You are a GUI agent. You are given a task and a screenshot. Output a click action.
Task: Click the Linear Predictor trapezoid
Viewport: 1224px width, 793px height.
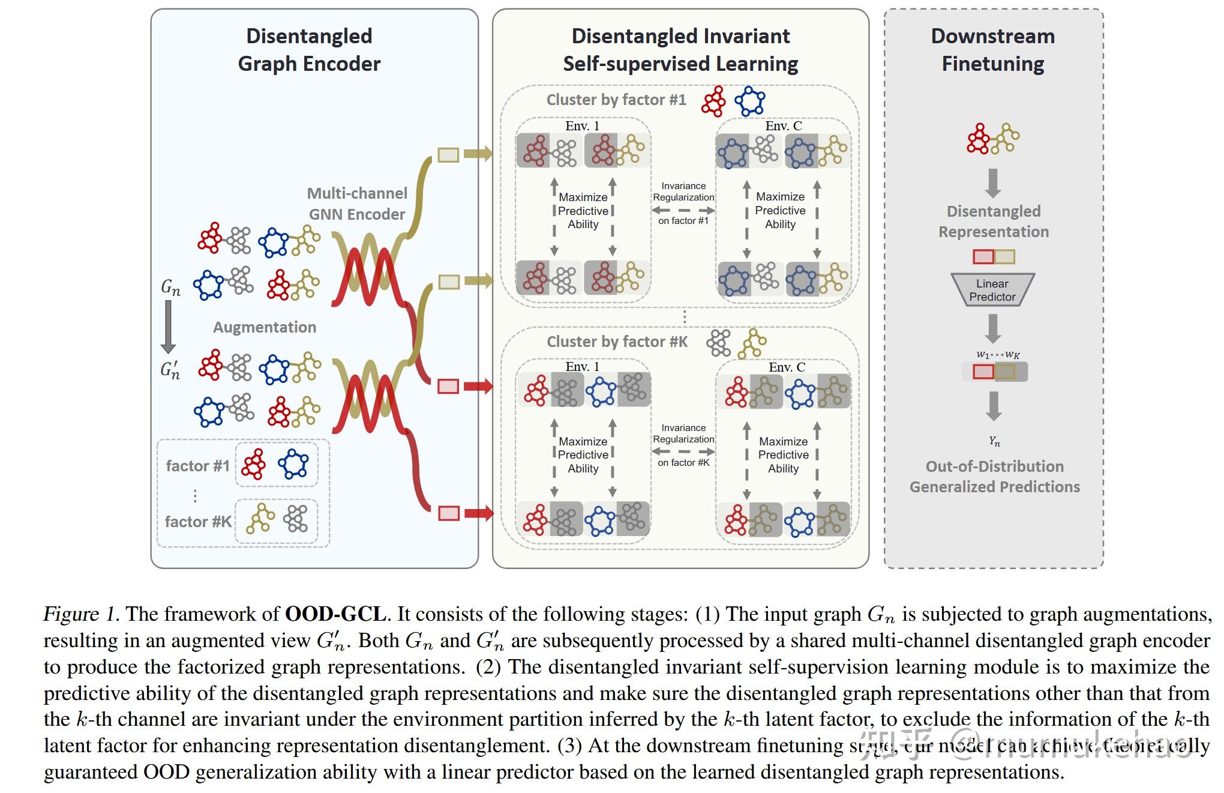tap(992, 290)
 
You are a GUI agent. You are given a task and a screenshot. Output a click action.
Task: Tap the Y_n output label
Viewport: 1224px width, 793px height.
tap(994, 441)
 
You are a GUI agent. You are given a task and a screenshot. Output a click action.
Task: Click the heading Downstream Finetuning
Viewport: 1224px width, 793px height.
tap(993, 50)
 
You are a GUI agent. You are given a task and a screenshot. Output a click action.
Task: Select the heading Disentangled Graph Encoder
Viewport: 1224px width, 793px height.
tap(309, 50)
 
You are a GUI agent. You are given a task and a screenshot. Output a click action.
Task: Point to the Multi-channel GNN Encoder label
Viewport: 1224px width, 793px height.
tap(357, 204)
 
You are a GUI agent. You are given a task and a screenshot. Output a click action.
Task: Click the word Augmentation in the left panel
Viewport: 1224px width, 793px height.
tap(265, 327)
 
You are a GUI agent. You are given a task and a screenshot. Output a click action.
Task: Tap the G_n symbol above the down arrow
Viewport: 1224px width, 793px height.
tap(170, 288)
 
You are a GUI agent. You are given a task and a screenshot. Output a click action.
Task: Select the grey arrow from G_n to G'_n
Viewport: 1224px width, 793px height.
tap(169, 327)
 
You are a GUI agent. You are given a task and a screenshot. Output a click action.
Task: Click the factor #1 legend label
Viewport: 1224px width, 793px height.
tap(197, 466)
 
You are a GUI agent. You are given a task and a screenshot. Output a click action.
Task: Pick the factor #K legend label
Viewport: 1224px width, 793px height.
tap(198, 522)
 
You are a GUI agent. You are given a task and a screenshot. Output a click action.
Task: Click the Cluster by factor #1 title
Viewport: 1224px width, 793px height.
tap(616, 100)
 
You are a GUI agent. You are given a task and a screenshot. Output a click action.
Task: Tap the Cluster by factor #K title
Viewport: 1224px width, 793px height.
tap(617, 342)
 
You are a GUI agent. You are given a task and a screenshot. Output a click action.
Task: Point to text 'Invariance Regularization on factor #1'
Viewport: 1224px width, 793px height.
tap(683, 203)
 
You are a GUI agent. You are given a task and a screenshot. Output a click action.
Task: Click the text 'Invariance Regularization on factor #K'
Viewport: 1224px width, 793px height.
tap(683, 445)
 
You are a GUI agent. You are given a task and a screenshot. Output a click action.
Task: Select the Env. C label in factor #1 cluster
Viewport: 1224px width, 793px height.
tap(783, 126)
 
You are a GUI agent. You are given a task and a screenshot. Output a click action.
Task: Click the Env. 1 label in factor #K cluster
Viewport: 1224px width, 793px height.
tap(582, 367)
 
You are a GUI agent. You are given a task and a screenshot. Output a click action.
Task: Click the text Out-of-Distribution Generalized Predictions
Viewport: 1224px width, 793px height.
tap(994, 476)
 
